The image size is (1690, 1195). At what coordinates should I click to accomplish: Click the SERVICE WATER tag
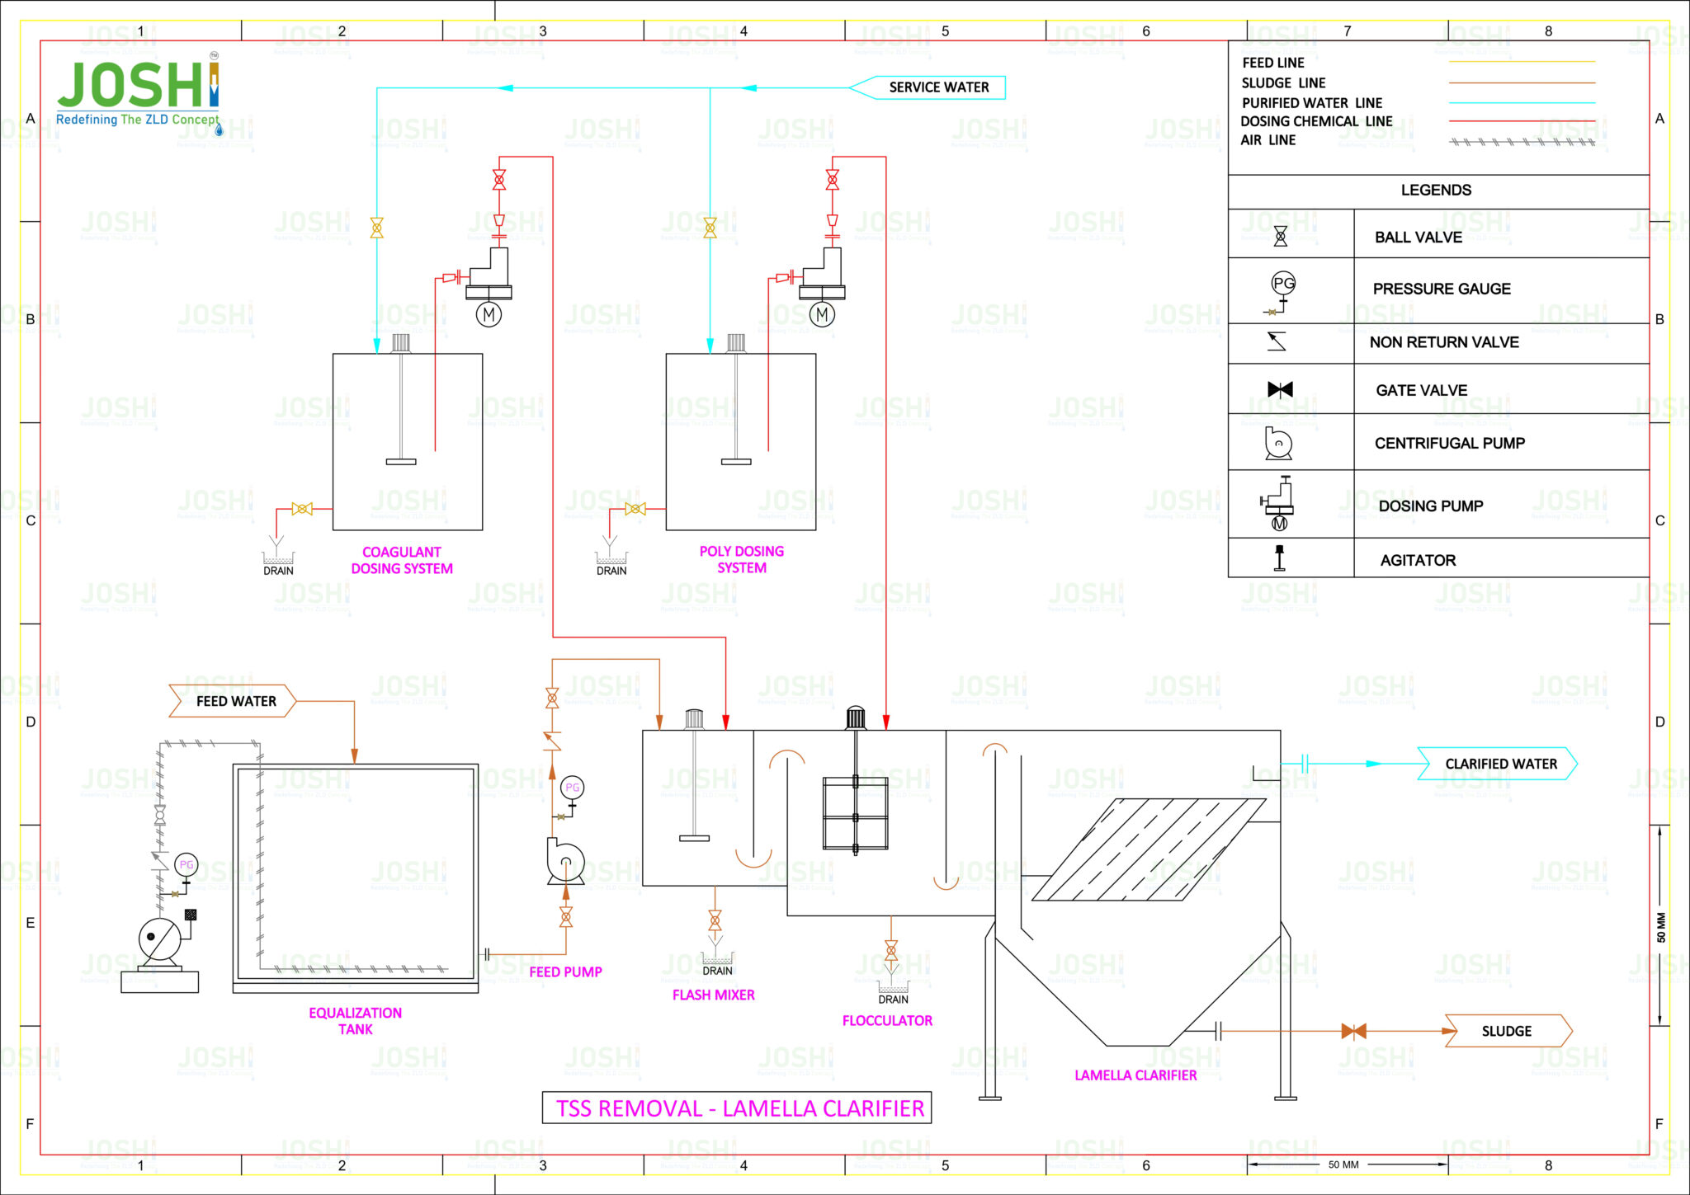[937, 87]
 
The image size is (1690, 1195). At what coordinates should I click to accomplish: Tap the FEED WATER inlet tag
[234, 701]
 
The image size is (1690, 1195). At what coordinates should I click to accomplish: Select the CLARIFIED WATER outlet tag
[1499, 764]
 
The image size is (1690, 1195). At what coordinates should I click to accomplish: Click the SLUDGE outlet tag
[1507, 1031]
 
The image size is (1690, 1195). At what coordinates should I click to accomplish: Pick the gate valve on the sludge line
[1353, 1031]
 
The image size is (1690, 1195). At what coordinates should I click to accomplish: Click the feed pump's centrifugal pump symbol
[565, 863]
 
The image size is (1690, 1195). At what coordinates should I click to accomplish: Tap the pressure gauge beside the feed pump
[572, 788]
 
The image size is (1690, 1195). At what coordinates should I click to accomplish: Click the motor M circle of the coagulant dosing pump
[489, 314]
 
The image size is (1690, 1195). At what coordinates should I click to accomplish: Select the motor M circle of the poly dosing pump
[822, 314]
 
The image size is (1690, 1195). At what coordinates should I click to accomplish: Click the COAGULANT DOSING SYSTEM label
[402, 560]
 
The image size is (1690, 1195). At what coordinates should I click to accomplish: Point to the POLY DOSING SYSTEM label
[741, 559]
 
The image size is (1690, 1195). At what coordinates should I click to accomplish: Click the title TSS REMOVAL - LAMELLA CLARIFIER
[738, 1108]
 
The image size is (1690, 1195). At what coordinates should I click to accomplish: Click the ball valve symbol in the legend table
[1280, 237]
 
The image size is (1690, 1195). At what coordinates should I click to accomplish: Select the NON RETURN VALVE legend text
[1443, 342]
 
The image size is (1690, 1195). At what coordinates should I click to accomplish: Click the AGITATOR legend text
[1418, 560]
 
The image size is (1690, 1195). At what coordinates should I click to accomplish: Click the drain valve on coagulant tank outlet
[302, 509]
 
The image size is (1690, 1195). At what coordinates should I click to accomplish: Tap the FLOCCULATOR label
[887, 1020]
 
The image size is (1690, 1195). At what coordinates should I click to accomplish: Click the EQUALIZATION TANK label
[355, 1021]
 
